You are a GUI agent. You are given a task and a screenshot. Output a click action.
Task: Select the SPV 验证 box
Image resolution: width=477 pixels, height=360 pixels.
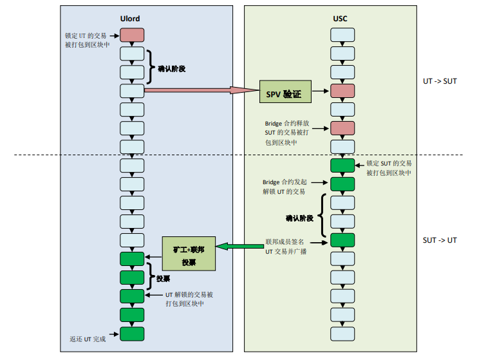284,95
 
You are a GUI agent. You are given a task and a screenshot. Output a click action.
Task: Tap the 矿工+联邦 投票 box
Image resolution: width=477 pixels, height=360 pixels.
188,254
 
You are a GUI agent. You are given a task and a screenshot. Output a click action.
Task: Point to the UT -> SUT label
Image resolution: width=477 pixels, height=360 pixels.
440,81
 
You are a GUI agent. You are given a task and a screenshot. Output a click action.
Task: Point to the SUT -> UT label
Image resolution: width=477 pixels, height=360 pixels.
440,240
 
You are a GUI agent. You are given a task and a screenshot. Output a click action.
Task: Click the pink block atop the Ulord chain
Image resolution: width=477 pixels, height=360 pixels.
132,35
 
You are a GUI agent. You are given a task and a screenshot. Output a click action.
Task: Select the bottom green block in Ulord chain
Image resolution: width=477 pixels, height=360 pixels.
132,334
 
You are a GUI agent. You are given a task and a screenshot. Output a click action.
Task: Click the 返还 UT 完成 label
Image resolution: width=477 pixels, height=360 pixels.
88,338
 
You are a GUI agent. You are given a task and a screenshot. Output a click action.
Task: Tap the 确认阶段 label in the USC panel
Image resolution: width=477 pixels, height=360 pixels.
299,218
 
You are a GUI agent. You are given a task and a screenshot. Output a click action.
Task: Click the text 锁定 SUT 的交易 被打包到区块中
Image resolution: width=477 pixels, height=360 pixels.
389,168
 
